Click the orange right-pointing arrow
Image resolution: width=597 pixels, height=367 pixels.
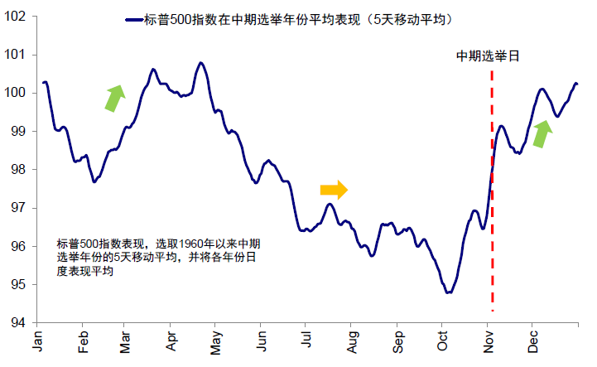[334, 190]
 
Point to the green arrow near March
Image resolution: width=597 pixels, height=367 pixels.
[114, 97]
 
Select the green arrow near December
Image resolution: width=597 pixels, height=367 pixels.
[542, 133]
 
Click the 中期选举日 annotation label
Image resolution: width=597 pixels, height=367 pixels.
[492, 56]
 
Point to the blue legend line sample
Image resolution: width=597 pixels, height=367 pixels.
[137, 18]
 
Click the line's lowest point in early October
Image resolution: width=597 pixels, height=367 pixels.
[448, 292]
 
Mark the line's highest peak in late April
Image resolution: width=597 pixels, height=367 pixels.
[200, 62]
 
